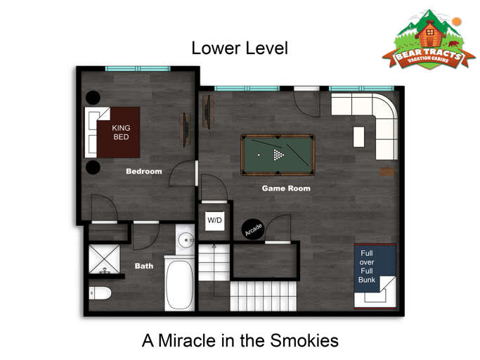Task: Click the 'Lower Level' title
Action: pos(240,48)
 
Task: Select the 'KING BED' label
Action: pos(122,132)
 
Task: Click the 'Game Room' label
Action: pos(286,188)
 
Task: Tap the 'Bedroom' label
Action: pos(143,171)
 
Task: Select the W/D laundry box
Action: pos(214,221)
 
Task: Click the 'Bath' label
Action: pos(144,266)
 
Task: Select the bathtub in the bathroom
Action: pos(180,283)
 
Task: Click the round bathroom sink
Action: pos(186,240)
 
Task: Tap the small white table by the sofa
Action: pos(358,136)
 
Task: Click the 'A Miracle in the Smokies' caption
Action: pos(240,340)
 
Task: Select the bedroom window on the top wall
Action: pos(138,68)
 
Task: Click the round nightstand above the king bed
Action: pos(93,97)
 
